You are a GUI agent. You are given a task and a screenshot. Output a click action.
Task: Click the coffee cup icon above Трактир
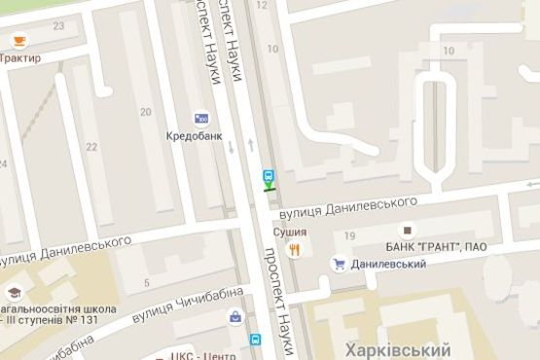18,41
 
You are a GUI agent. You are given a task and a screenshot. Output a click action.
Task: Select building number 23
58,24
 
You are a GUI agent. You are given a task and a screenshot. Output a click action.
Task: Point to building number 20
145,112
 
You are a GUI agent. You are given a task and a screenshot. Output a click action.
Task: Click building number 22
91,147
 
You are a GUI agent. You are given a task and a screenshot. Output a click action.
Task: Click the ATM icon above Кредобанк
201,118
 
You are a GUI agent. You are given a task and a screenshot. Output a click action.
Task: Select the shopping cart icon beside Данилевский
341,263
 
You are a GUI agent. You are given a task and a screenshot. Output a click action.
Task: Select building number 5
147,283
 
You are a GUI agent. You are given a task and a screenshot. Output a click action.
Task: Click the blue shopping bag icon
234,316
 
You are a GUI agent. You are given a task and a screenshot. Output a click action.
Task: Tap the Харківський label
393,349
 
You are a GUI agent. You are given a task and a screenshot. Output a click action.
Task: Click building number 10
449,50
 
